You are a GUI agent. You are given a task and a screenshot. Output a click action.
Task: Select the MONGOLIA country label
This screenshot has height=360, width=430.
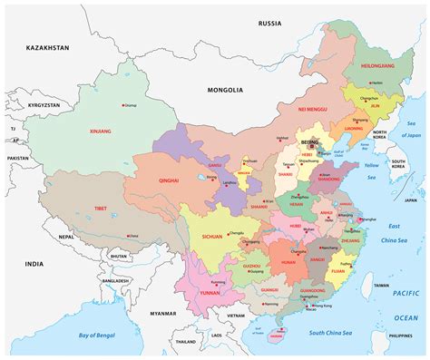[225, 90]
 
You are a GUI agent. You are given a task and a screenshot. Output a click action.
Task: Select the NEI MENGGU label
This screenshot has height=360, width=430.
[313, 109]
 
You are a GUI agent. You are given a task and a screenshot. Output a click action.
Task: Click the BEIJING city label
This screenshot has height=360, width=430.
[310, 142]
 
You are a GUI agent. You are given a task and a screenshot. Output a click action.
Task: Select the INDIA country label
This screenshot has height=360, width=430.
[34, 264]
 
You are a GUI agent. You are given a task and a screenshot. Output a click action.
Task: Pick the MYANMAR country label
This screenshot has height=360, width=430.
[163, 313]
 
